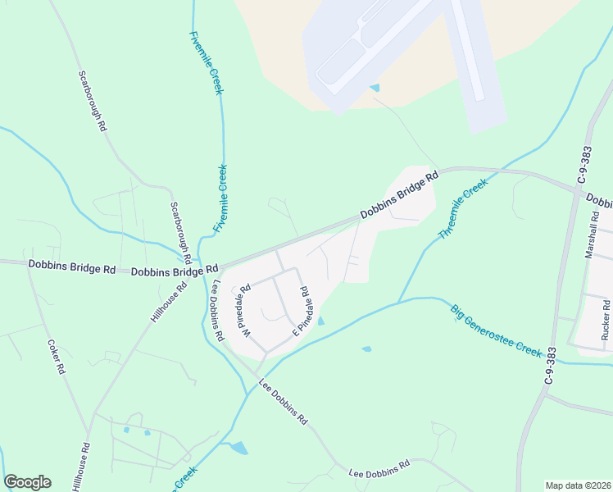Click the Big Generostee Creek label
click(x=496, y=330)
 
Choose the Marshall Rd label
click(x=593, y=236)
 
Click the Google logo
click(x=27, y=482)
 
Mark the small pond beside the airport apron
click(x=375, y=88)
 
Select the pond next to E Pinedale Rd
click(x=320, y=321)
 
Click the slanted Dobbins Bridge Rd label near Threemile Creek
click(x=399, y=195)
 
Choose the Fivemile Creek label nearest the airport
click(x=206, y=62)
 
